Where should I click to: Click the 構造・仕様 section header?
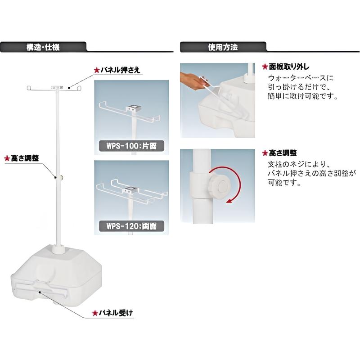(x=46, y=47)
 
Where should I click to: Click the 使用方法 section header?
(x=223, y=47)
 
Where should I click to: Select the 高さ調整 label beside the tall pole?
(x=24, y=158)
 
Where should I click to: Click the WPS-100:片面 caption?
(x=131, y=145)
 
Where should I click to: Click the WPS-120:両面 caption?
(x=131, y=225)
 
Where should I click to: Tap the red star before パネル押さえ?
(x=95, y=71)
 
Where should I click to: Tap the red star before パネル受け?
(x=94, y=312)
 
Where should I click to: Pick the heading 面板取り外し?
(x=288, y=66)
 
